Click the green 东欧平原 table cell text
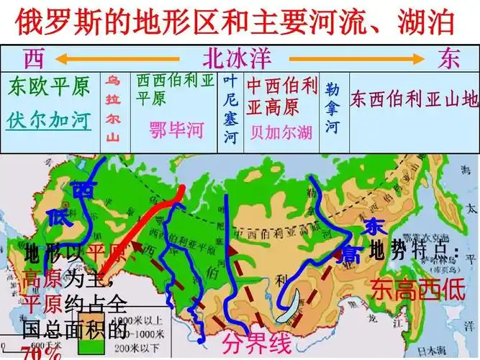pos(50,87)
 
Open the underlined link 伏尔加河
pos(50,120)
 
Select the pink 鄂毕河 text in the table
pos(176,130)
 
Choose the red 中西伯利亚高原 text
pos(281,96)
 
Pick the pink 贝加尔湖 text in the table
pos(281,132)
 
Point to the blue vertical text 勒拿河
pos(331,108)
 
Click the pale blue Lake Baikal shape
pos(294,306)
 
